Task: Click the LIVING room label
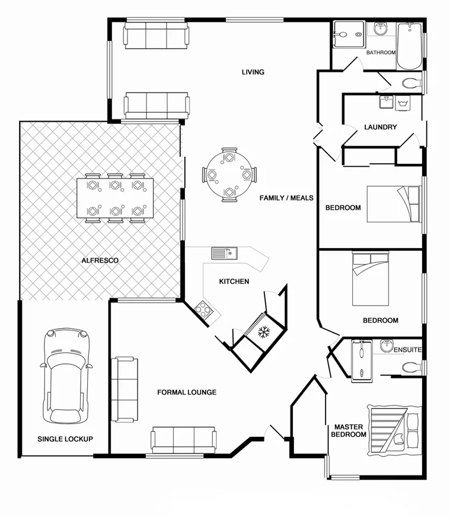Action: (x=253, y=72)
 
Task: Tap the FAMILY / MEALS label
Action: (x=286, y=198)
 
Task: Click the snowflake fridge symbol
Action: (x=263, y=332)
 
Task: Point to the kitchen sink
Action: (x=224, y=253)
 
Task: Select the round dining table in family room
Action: (x=229, y=175)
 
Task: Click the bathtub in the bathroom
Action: (x=409, y=46)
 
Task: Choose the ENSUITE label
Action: (x=407, y=350)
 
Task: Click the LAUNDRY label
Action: (x=380, y=127)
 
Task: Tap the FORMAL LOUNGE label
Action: (x=186, y=392)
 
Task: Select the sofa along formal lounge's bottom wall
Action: (x=183, y=440)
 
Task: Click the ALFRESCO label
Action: (x=100, y=261)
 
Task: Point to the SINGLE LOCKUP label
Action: (x=65, y=439)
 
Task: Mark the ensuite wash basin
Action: (x=387, y=345)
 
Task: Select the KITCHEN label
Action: (x=234, y=281)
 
